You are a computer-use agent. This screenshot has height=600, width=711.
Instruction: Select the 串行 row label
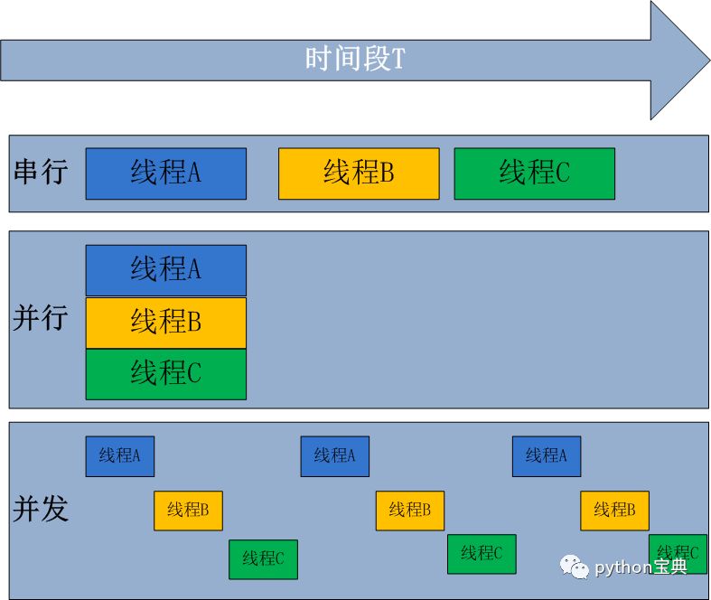(41, 172)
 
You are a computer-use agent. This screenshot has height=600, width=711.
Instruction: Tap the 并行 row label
(41, 317)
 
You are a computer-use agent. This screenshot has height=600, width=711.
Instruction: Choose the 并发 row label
(41, 509)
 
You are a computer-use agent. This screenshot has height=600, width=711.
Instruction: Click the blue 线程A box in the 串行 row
(165, 173)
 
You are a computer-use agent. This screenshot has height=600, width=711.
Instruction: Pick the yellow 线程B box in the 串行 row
(359, 173)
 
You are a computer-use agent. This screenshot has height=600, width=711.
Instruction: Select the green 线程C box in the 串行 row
(534, 173)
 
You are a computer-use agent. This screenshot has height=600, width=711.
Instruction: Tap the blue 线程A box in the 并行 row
(165, 270)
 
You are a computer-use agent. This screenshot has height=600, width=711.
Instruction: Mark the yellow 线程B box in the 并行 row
(165, 323)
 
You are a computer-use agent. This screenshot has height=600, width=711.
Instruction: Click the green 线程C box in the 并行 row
(165, 374)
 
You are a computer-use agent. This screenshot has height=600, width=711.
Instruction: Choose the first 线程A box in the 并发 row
(120, 456)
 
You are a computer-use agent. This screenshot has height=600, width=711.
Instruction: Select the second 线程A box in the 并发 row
(334, 456)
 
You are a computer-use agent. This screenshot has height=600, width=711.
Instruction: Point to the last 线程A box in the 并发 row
(546, 456)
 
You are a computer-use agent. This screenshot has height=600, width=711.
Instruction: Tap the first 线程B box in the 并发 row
(188, 511)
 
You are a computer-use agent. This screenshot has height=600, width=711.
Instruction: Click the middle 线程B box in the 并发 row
(410, 511)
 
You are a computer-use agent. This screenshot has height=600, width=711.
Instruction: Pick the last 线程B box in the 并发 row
(614, 511)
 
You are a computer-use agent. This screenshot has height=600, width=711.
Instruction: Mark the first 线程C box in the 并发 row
(263, 559)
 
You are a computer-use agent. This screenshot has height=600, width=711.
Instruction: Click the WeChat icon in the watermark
(575, 566)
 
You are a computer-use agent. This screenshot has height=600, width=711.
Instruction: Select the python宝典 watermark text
(641, 567)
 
